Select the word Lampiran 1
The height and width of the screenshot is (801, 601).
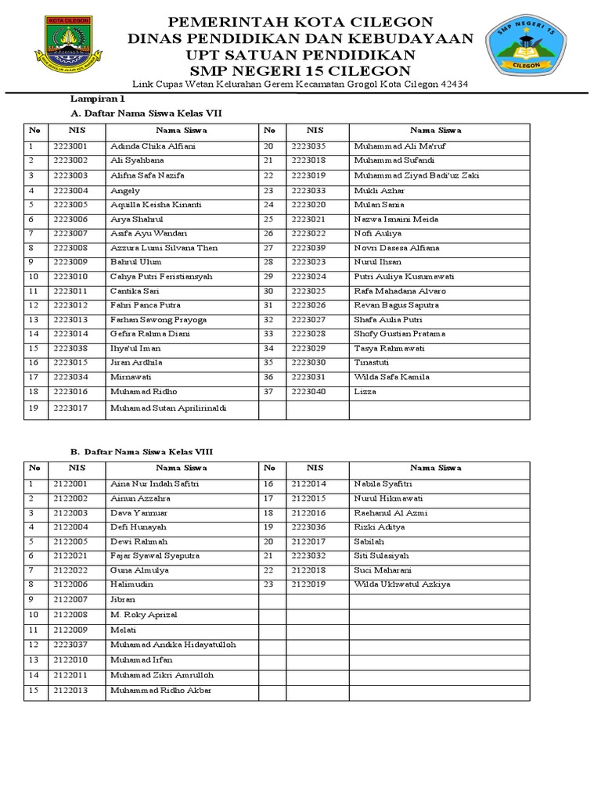[98, 99]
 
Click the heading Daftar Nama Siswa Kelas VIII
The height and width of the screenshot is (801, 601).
[148, 451]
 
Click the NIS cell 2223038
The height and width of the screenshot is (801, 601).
[70, 348]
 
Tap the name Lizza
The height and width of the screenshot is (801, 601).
[365, 391]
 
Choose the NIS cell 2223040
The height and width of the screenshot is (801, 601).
[308, 391]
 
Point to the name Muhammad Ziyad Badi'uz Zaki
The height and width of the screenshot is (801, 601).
[416, 175]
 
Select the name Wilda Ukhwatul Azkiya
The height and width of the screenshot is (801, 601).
[401, 584]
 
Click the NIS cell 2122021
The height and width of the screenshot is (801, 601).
[70, 555]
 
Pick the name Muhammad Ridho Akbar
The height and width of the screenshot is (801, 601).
[160, 690]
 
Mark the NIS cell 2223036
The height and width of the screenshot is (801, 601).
[308, 527]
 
